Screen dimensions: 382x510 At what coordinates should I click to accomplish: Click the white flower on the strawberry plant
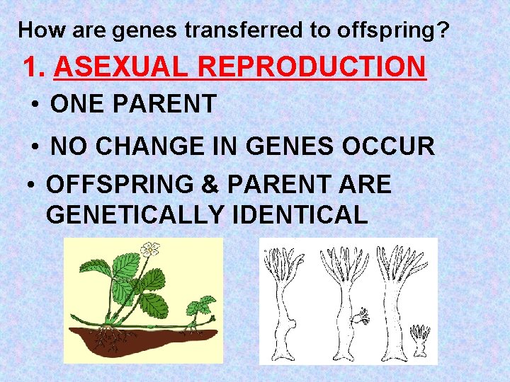[149, 249]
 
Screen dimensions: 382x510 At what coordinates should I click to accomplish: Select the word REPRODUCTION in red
[312, 67]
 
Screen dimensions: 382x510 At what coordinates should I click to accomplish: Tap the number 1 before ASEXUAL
[31, 67]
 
